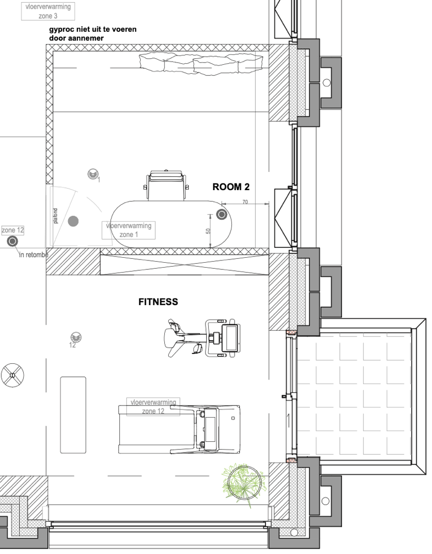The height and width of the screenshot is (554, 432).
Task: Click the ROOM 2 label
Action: pos(227,187)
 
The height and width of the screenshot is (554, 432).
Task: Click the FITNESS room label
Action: pos(158,302)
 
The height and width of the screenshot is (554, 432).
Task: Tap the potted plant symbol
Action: pos(245,482)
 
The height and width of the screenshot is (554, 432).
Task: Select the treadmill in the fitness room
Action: pos(179,429)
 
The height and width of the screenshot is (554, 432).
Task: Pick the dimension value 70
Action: pos(245,202)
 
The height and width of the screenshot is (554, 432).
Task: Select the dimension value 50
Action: pos(209,231)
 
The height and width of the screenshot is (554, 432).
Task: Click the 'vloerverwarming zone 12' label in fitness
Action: pos(153,407)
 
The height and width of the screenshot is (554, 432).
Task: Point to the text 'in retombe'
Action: pos(34,254)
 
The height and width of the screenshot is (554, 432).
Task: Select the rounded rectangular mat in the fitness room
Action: pos(73,414)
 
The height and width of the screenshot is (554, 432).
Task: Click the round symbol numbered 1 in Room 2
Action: pos(92,175)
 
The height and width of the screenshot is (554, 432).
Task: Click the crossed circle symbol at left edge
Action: pos(13,376)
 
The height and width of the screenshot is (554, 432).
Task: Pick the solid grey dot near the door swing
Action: pos(73,221)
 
